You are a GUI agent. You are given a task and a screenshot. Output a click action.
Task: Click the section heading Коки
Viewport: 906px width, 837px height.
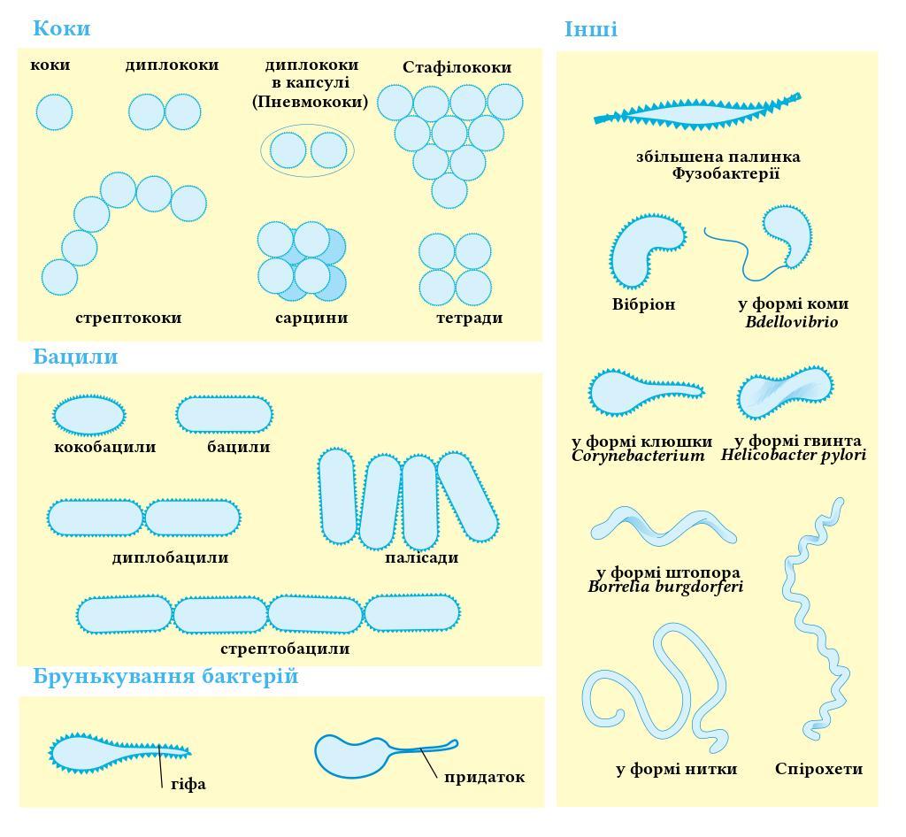(61, 28)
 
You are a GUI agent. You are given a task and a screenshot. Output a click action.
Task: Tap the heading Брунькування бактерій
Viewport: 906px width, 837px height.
(165, 677)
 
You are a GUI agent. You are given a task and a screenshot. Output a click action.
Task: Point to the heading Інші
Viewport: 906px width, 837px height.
(591, 29)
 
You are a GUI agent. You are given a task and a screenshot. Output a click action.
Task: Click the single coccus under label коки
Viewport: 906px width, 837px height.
(54, 112)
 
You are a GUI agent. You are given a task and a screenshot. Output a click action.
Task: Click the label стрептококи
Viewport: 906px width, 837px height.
(128, 318)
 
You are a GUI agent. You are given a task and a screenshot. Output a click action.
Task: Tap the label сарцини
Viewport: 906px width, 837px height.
(311, 318)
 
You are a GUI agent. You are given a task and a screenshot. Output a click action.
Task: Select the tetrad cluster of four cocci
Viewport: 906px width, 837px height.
(455, 269)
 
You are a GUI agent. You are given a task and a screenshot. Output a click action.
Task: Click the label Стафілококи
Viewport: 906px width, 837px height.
(457, 67)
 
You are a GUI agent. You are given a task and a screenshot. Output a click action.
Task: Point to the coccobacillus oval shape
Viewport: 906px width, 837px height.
(89, 414)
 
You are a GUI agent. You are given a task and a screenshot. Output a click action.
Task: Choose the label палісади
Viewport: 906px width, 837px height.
(422, 557)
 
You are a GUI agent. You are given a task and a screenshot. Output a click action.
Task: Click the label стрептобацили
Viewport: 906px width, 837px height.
(285, 649)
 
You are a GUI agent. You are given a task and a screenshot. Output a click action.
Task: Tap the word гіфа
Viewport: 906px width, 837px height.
(188, 784)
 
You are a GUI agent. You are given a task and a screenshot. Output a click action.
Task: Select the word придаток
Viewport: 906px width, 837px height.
(484, 777)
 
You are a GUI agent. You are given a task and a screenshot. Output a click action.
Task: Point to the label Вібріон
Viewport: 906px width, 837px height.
(643, 304)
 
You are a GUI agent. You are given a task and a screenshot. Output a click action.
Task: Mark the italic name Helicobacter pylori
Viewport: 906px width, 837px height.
(793, 456)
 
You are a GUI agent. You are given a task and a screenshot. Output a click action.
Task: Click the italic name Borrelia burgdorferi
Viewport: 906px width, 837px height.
(665, 587)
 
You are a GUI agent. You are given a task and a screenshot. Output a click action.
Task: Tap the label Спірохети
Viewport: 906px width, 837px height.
(818, 769)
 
